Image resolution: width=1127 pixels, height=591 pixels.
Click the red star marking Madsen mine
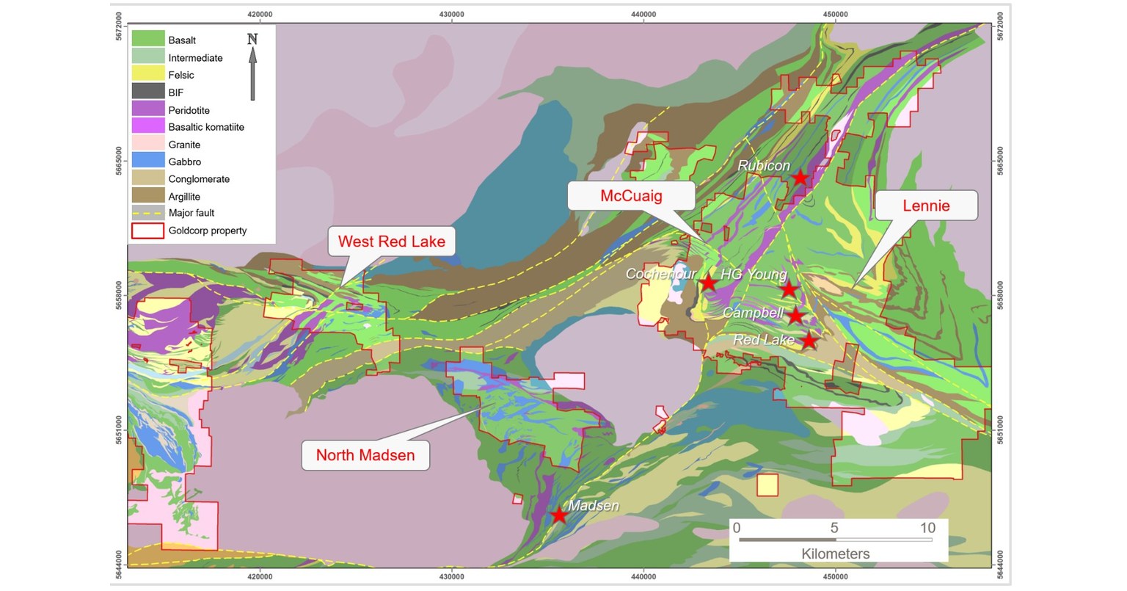pos(559,515)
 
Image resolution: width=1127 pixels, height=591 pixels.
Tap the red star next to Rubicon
pos(800,178)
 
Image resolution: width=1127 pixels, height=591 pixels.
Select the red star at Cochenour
pos(708,283)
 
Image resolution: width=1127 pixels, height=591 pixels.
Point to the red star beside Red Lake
pos(809,341)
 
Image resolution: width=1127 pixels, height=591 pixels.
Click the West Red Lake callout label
pos(391,242)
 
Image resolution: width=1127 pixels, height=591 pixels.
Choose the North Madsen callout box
pos(365,455)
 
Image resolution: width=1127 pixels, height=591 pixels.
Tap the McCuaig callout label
pos(631,195)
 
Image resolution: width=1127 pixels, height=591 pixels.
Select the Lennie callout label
pos(926,206)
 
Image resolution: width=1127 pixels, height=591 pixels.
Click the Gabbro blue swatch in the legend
pos(147,162)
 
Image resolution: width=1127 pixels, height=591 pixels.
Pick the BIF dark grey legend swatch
pos(147,92)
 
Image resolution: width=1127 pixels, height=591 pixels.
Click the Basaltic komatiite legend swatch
pos(147,127)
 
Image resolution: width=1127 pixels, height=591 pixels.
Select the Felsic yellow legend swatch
pos(147,74)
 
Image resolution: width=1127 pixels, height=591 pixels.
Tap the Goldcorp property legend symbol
pos(147,231)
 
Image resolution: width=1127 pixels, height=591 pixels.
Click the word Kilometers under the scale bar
pos(835,554)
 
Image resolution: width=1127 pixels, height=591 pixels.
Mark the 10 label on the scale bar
pos(927,528)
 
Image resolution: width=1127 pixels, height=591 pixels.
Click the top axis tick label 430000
pos(451,13)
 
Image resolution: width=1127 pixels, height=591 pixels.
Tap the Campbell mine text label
pos(752,313)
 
